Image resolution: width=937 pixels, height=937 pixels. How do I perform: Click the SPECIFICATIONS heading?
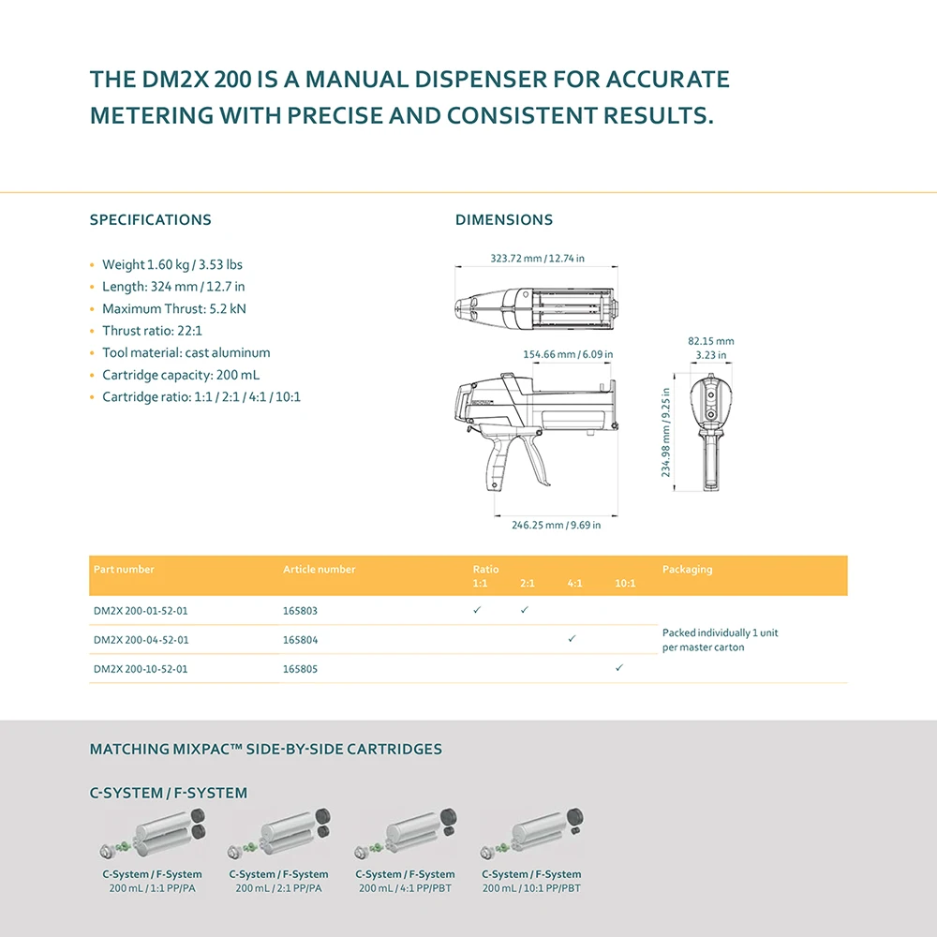[x=150, y=220]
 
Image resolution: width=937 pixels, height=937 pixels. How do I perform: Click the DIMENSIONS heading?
[x=504, y=220]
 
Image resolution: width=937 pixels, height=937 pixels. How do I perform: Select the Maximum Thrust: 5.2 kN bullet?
[x=174, y=308]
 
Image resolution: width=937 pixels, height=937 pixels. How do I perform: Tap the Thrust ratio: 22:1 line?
[x=152, y=331]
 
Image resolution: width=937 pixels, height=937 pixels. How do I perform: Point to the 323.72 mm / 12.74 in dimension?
[x=537, y=259]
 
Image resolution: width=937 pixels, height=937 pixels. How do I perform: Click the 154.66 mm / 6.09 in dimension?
[x=568, y=355]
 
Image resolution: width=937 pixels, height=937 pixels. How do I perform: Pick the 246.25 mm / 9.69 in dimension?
[x=556, y=525]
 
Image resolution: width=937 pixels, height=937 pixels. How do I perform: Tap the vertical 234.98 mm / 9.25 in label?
[x=667, y=434]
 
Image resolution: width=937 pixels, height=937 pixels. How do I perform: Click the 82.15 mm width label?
[x=711, y=341]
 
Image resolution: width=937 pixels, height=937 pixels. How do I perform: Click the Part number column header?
[x=124, y=570]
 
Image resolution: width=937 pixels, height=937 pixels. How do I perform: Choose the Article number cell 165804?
[x=300, y=640]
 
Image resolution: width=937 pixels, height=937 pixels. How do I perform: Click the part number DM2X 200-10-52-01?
[x=141, y=669]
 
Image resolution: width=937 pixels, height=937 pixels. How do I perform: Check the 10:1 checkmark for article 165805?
[x=619, y=668]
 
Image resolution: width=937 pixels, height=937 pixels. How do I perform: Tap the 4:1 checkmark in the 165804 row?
[x=572, y=638]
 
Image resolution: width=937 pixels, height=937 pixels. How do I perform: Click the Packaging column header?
[x=687, y=570]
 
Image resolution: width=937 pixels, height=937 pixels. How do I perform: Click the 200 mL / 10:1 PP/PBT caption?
[x=531, y=888]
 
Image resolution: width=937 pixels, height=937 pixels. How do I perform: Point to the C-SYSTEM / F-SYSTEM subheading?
[x=169, y=793]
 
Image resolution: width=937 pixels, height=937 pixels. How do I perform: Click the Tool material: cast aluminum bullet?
[x=186, y=353]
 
